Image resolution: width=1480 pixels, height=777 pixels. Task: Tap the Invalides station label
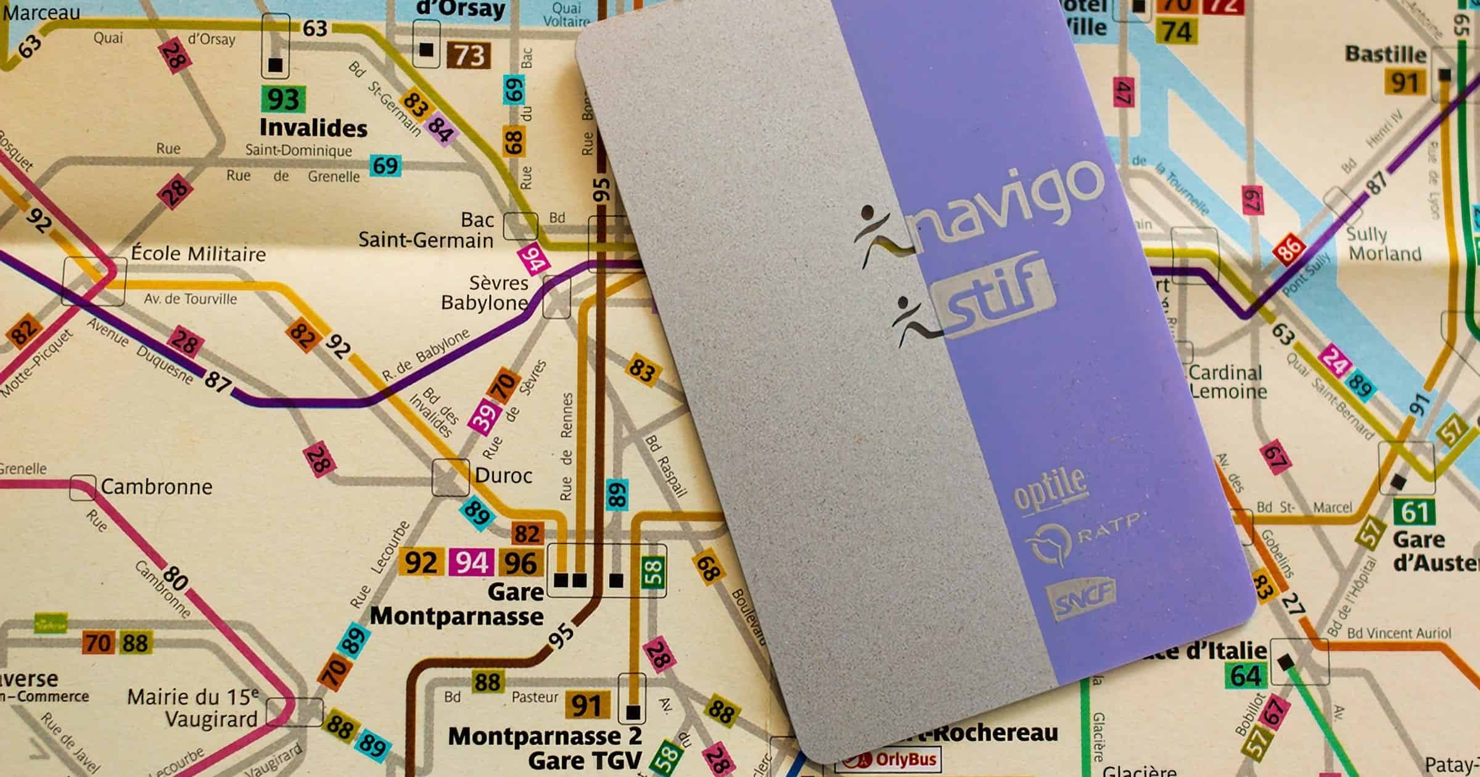click(x=313, y=128)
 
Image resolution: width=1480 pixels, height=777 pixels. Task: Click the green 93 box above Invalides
click(x=282, y=99)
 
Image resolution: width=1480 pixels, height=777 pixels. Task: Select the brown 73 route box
click(x=469, y=55)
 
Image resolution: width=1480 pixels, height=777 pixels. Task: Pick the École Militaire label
click(x=198, y=253)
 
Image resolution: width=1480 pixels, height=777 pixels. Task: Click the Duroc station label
click(x=503, y=475)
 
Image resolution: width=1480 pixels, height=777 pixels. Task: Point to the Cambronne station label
click(x=156, y=487)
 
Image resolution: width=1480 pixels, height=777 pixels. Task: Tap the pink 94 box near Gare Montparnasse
click(x=472, y=562)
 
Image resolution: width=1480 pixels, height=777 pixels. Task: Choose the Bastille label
click(x=1386, y=54)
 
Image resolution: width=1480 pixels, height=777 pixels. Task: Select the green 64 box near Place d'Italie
click(x=1246, y=676)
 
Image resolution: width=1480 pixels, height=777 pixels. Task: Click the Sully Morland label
click(x=1384, y=244)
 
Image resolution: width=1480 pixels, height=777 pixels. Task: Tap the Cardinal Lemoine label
click(x=1227, y=382)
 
